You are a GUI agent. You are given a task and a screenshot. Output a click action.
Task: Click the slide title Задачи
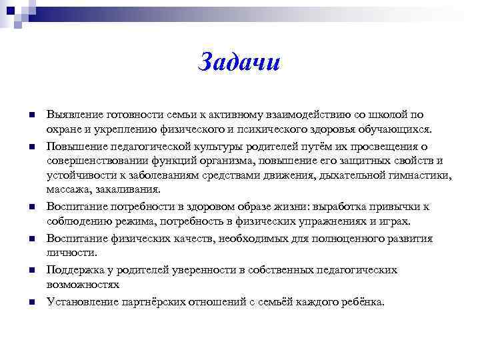point(240,62)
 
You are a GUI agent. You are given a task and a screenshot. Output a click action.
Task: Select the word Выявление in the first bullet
point(72,115)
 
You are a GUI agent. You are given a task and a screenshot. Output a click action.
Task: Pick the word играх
point(396,221)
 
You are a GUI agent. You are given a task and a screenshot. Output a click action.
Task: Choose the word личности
point(72,253)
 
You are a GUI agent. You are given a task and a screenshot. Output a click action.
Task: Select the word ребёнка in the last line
point(361,302)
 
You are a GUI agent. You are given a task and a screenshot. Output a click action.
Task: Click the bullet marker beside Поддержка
point(31,271)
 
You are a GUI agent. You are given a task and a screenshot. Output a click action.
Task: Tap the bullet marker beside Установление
point(31,303)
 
